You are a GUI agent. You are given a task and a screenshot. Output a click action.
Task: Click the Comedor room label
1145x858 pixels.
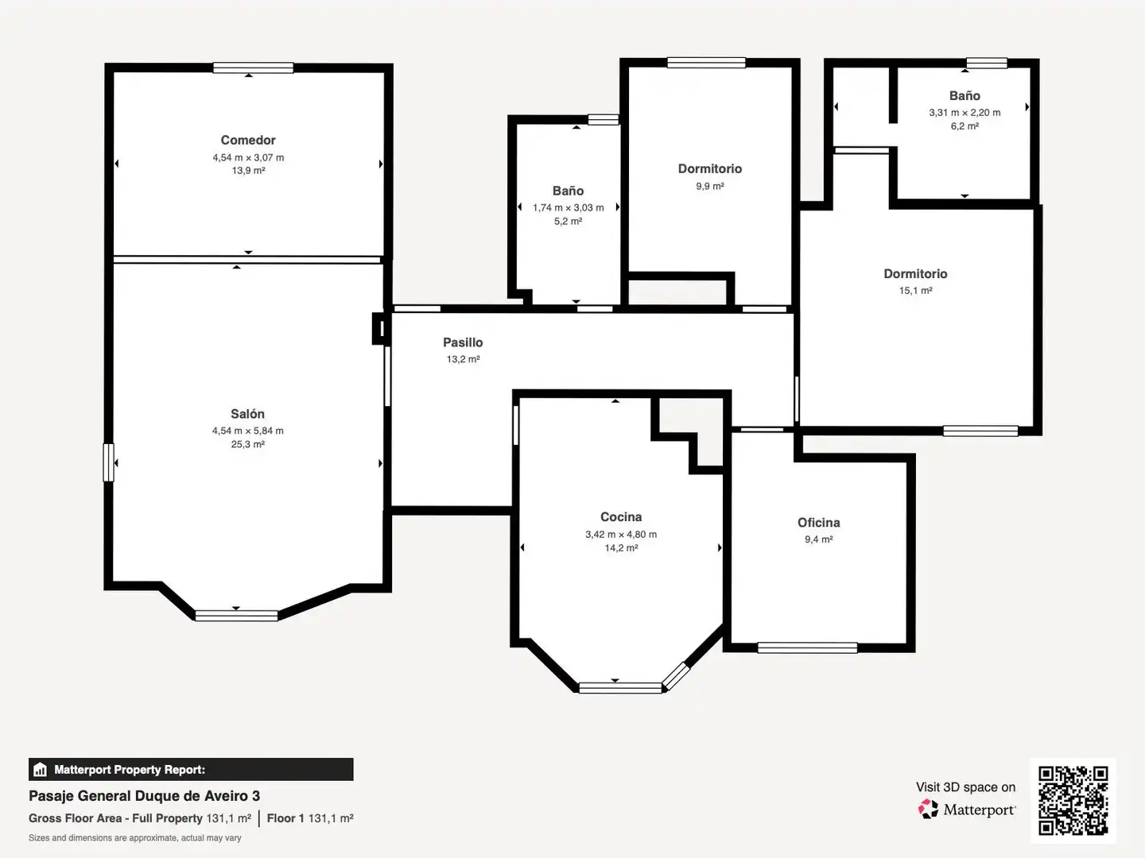click(x=248, y=140)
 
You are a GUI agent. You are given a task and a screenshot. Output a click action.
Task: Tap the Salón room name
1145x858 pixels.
click(x=247, y=414)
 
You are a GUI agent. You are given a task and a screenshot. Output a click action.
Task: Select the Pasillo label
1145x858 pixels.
click(x=463, y=342)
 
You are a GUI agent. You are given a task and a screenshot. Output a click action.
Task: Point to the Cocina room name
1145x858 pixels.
click(x=621, y=516)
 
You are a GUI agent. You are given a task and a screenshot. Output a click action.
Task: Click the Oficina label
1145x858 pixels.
click(x=818, y=523)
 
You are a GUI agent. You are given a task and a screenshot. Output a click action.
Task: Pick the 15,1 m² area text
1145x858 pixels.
click(x=915, y=291)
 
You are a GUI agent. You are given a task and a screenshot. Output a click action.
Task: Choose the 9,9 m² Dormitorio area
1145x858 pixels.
click(x=710, y=186)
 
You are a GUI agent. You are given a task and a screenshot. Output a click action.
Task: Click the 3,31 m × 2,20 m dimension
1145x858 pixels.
click(x=965, y=113)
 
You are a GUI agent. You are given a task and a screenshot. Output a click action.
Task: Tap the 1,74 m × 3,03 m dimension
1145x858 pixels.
click(x=568, y=207)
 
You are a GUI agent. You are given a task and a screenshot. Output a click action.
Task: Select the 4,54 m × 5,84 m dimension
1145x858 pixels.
click(x=248, y=431)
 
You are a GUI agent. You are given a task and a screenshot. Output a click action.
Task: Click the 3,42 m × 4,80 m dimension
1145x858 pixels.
click(x=621, y=534)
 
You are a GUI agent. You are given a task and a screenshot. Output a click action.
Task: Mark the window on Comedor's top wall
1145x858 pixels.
click(x=253, y=68)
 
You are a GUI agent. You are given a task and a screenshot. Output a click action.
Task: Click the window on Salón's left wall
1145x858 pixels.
click(x=108, y=462)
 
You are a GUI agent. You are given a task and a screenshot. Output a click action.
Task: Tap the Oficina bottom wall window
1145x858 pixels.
click(x=808, y=647)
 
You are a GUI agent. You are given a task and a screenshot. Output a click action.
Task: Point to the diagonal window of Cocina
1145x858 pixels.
click(x=676, y=676)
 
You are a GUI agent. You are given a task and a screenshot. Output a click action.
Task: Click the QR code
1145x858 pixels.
click(x=1073, y=800)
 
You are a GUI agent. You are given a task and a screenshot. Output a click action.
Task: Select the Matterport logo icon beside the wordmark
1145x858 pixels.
click(x=927, y=809)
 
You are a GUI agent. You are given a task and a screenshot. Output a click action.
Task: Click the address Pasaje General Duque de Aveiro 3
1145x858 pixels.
click(x=144, y=796)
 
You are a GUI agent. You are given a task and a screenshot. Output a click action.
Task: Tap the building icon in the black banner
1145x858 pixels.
click(x=41, y=770)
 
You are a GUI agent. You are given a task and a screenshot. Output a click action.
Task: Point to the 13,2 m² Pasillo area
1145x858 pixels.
click(x=463, y=359)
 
